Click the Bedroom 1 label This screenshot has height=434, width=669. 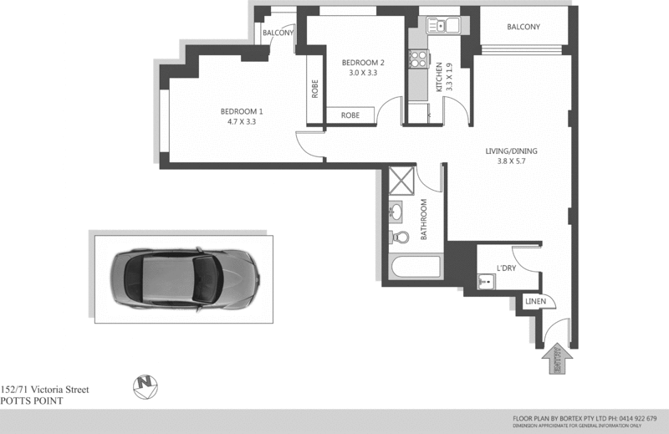coord(242,112)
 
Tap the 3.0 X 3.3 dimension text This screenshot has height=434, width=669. coord(363,73)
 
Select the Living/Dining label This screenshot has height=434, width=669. coord(511,151)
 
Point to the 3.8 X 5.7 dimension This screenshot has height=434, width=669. coord(511,163)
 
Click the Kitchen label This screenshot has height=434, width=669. coord(438,76)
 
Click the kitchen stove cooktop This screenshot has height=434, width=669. coord(416,59)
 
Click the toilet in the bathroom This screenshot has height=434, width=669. coord(400,237)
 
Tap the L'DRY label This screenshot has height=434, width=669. coord(506,268)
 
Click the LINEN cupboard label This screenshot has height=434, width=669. coord(535,302)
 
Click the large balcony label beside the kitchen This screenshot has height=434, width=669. coord(523,27)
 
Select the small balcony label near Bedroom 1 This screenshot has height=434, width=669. coord(278,33)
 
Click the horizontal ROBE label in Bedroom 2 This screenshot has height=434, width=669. coord(350,115)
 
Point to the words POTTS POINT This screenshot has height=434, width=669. coord(32,401)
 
